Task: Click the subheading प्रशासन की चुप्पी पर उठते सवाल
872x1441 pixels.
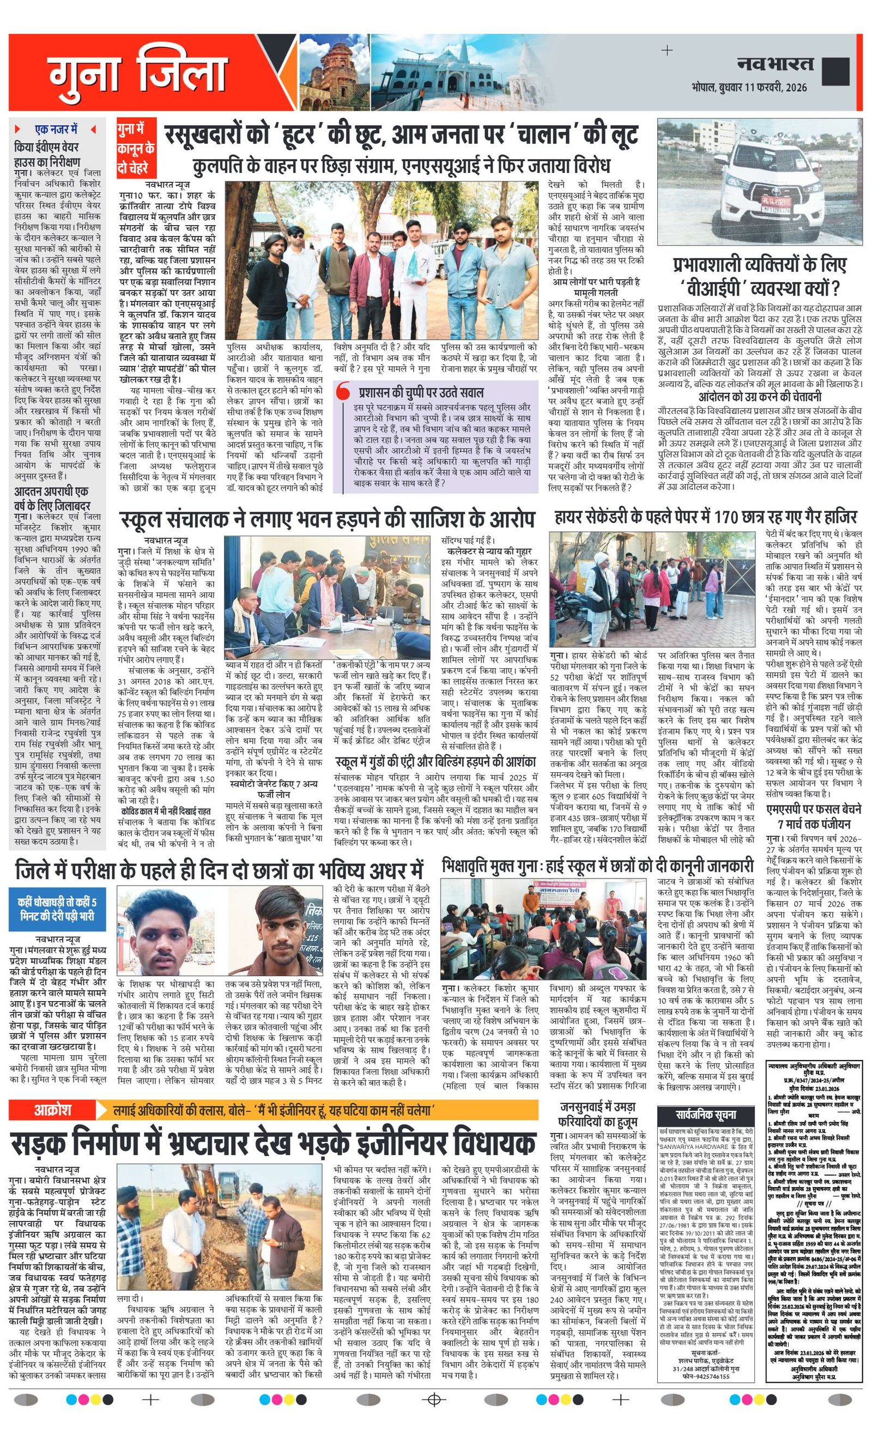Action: tap(421, 392)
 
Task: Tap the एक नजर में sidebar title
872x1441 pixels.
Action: tap(56, 129)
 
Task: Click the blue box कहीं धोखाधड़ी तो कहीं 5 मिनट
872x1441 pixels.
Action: tap(57, 907)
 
